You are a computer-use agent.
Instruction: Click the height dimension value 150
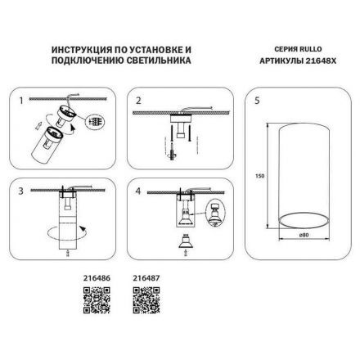pos(258,174)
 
